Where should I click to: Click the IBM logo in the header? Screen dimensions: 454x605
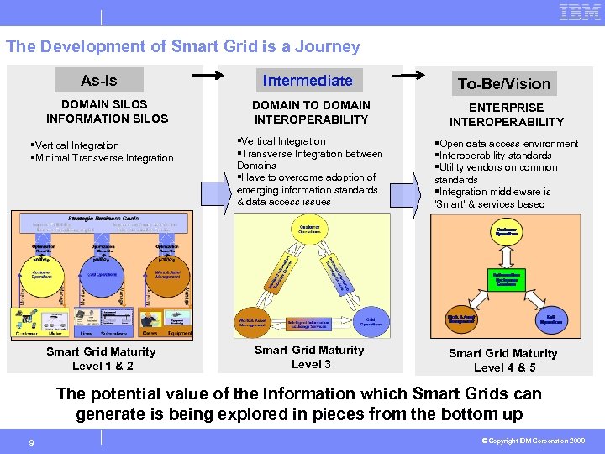point(579,13)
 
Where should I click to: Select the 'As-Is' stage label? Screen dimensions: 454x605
point(99,81)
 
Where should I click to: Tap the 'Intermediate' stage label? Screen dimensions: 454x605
point(308,81)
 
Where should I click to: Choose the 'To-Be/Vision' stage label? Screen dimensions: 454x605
point(504,83)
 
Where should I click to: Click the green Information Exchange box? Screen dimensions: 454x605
point(506,279)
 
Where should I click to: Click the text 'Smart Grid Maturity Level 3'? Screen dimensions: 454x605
point(309,356)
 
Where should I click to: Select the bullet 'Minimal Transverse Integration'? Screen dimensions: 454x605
point(104,158)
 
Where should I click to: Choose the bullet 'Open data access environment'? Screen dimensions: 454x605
point(508,144)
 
